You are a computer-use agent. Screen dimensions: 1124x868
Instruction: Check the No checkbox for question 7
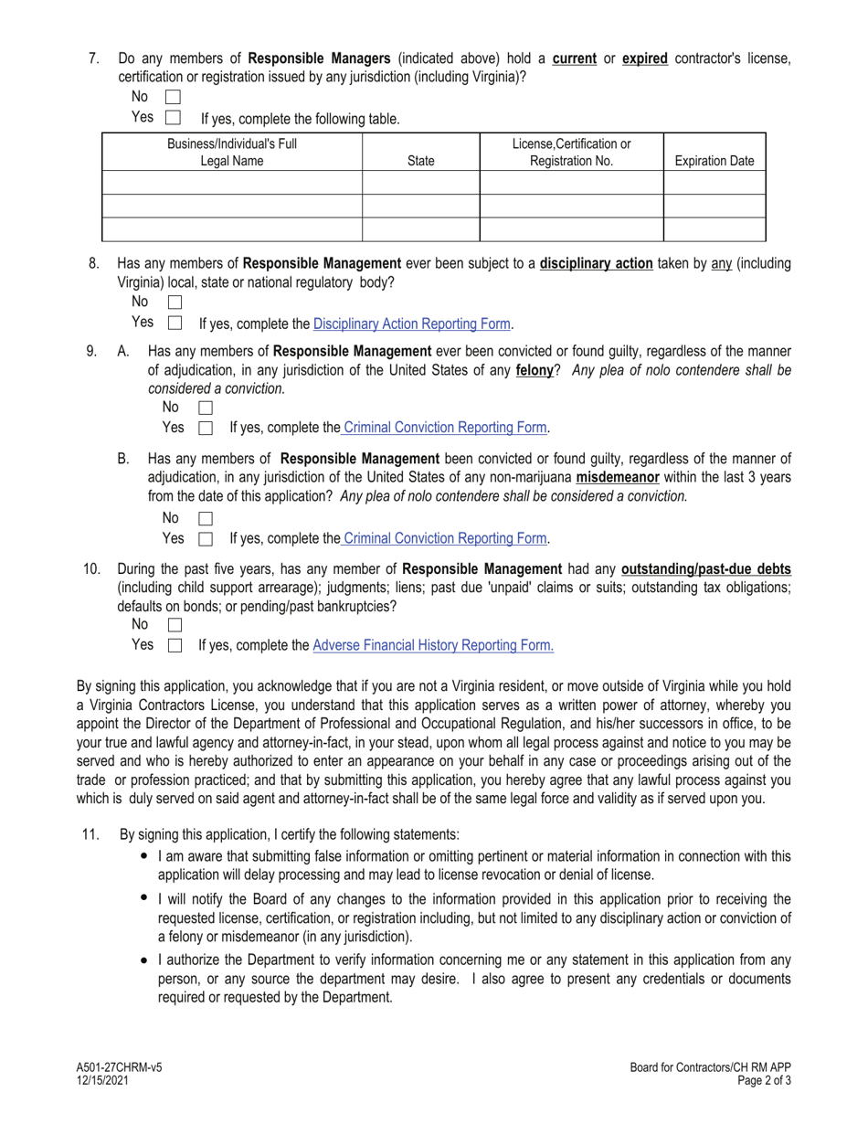tap(174, 97)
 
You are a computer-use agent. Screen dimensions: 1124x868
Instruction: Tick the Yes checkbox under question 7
tap(174, 118)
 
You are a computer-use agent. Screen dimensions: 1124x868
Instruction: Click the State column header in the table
tap(420, 161)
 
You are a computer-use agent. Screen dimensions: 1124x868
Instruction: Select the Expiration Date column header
tap(714, 161)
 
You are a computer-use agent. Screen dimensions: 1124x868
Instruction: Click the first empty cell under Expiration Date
tap(714, 183)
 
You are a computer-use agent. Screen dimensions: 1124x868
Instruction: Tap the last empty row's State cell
tap(420, 228)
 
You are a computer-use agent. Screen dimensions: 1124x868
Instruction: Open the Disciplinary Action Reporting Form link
tap(412, 323)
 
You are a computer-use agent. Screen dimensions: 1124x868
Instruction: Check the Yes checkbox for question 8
tap(175, 323)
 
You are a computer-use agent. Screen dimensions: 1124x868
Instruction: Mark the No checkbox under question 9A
tap(206, 408)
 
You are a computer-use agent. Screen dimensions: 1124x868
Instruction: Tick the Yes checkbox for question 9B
tap(206, 539)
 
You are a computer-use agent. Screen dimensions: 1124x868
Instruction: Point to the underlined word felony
tap(535, 371)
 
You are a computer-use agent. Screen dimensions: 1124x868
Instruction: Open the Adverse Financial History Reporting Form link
tap(433, 645)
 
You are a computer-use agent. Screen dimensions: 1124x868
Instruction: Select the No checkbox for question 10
tap(175, 625)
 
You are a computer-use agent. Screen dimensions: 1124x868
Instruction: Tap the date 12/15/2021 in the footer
tap(102, 1079)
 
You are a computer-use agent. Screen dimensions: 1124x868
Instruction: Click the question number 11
tap(90, 834)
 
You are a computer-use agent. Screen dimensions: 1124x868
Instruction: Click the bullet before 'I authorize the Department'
tap(144, 960)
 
